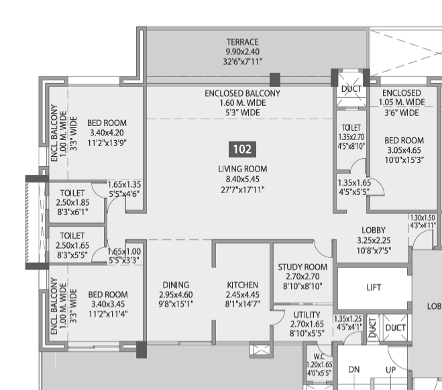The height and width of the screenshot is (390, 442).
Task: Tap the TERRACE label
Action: [x=242, y=42]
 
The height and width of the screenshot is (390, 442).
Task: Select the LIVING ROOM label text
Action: [x=242, y=169]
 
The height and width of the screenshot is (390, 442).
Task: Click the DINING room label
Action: [x=176, y=285]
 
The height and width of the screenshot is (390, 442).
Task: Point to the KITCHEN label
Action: [x=242, y=285]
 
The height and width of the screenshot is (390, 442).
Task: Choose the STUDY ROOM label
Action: [x=302, y=267]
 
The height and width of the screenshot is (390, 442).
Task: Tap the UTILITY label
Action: [x=307, y=314]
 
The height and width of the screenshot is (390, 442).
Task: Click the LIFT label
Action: [x=374, y=287]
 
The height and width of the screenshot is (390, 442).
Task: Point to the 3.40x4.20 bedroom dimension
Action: [x=108, y=133]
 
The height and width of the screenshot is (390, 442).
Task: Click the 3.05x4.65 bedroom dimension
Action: [x=404, y=151]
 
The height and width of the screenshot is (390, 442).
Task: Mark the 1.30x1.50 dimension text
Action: [x=423, y=218]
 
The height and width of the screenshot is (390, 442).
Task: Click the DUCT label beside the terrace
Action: [x=351, y=89]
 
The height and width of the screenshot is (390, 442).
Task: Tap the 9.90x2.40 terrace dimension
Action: [x=242, y=52]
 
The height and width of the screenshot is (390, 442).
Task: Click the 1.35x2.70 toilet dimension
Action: [x=351, y=136]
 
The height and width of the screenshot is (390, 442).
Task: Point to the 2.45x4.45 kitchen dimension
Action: [x=242, y=295]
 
